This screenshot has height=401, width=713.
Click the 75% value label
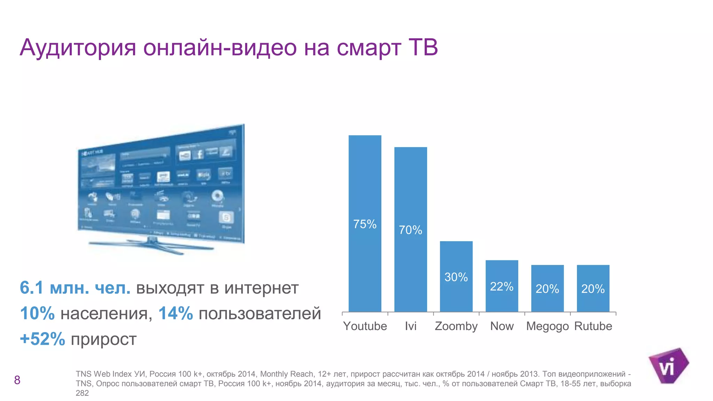click(365, 224)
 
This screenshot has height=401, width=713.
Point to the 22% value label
click(502, 286)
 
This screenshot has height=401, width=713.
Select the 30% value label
click(456, 277)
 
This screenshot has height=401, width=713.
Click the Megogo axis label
click(547, 326)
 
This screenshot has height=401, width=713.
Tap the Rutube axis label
click(593, 326)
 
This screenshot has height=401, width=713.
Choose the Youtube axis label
click(365, 326)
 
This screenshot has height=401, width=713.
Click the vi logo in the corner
click(668, 366)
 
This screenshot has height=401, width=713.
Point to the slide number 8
click(17, 380)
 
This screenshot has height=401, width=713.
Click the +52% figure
click(42, 339)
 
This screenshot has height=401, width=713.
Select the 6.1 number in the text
click(31, 288)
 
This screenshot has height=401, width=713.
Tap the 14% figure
click(175, 313)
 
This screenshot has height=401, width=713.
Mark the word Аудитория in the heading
click(78, 48)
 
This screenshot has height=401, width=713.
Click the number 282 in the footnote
click(82, 393)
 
